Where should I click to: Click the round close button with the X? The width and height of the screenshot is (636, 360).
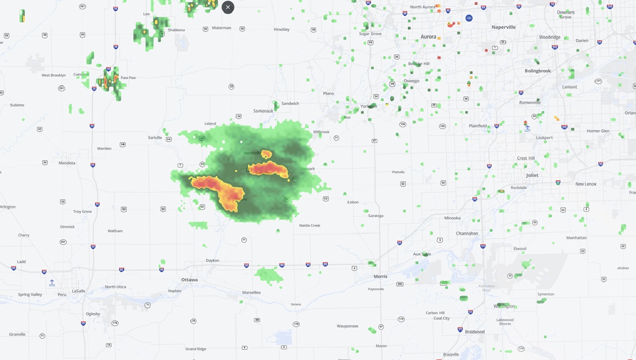click(228, 7)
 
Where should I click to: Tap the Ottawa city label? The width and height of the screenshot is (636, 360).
click(189, 279)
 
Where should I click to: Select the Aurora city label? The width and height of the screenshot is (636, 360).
click(428, 37)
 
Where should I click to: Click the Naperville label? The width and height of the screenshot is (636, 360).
click(503, 27)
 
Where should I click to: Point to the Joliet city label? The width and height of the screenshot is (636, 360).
click(532, 175)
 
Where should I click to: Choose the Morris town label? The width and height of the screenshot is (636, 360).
click(381, 276)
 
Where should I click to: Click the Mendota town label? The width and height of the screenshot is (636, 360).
click(67, 163)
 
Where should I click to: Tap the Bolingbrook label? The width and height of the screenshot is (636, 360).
click(538, 71)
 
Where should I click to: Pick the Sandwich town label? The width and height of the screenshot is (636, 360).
click(290, 103)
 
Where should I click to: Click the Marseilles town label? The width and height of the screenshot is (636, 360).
click(251, 292)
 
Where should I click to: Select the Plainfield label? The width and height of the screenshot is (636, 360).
click(478, 126)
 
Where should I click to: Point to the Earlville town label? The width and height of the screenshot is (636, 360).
click(155, 137)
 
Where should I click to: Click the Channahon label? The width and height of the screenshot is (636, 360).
click(467, 233)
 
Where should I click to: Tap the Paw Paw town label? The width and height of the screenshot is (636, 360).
click(128, 78)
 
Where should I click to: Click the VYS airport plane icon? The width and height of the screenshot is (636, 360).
click(52, 281)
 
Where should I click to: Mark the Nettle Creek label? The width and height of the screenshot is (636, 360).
click(310, 225)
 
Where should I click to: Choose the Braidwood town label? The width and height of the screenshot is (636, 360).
click(475, 332)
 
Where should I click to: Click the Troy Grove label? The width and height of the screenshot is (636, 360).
click(83, 212)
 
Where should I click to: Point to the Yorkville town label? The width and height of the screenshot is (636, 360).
click(368, 106)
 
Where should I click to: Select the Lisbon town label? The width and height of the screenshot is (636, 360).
click(353, 202)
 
